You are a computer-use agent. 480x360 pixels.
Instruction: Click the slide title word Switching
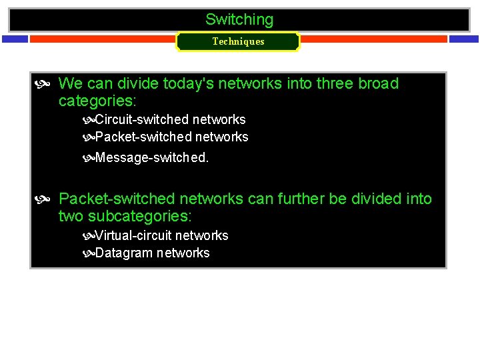click(239, 20)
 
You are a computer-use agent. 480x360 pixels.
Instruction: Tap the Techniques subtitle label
click(238, 41)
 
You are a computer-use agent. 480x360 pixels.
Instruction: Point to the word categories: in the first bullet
click(97, 101)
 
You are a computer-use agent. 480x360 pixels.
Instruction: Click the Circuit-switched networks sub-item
click(170, 120)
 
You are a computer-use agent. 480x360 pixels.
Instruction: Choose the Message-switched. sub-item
click(152, 158)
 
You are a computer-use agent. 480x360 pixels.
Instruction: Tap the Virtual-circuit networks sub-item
click(161, 236)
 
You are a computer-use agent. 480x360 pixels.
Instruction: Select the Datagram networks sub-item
click(152, 253)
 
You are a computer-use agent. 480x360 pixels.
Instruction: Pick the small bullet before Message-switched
click(89, 159)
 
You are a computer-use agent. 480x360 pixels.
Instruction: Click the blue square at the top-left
click(15, 39)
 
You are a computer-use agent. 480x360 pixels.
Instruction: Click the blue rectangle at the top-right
click(463, 39)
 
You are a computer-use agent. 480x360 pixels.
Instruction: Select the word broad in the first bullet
click(378, 84)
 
